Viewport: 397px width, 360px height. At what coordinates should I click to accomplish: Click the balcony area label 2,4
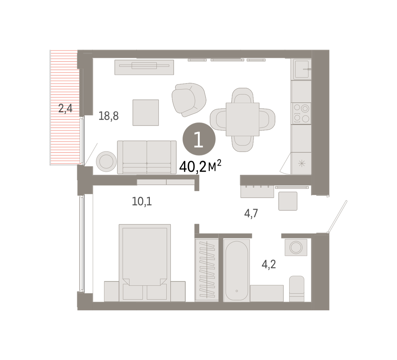pyautogui.click(x=65, y=109)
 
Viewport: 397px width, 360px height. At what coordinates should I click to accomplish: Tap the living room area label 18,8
pyautogui.click(x=109, y=116)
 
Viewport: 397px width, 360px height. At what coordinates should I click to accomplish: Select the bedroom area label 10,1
pyautogui.click(x=142, y=202)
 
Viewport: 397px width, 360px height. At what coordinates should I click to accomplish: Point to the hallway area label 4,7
pyautogui.click(x=251, y=214)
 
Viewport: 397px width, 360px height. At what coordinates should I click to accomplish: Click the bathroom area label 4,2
pyautogui.click(x=269, y=264)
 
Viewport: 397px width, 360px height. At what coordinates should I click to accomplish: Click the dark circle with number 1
pyautogui.click(x=199, y=139)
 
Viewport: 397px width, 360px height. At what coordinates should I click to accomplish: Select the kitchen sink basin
pyautogui.click(x=302, y=69)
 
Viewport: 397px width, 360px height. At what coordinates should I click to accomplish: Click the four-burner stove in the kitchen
pyautogui.click(x=301, y=113)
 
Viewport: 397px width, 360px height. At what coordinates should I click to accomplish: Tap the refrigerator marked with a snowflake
pyautogui.click(x=301, y=163)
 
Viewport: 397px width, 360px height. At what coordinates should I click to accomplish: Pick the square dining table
pyautogui.click(x=243, y=119)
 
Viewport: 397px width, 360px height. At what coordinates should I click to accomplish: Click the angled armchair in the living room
pyautogui.click(x=189, y=100)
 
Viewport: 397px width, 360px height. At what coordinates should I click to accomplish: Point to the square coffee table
pyautogui.click(x=146, y=112)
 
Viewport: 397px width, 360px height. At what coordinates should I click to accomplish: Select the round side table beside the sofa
pyautogui.click(x=107, y=161)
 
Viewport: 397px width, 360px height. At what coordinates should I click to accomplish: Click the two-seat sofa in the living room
pyautogui.click(x=147, y=157)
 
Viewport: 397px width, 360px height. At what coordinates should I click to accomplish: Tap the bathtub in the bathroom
pyautogui.click(x=237, y=270)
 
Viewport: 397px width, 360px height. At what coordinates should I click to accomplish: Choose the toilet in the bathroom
pyautogui.click(x=296, y=289)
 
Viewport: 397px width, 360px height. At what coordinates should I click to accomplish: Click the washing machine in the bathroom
pyautogui.click(x=296, y=247)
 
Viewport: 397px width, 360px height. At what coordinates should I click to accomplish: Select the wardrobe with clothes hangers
pyautogui.click(x=207, y=270)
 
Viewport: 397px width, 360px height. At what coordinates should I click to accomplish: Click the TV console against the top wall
pyautogui.click(x=144, y=67)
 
